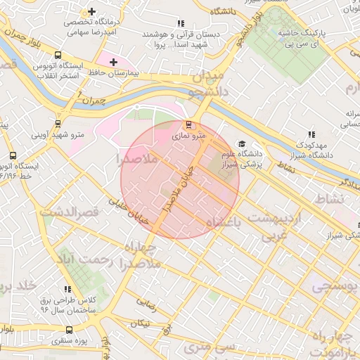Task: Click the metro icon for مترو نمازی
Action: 186,125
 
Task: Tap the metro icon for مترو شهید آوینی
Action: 57,122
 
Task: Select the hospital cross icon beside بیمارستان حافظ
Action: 113,62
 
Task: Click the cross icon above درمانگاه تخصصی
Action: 92,12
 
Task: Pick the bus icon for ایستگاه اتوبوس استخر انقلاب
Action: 57,55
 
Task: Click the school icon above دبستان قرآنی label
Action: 181,23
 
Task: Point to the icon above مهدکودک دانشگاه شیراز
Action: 311,135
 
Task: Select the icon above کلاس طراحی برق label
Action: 67,289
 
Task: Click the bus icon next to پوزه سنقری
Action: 69,330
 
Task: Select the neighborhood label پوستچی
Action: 335,287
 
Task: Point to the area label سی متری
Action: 207,348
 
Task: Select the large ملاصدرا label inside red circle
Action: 141,160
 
